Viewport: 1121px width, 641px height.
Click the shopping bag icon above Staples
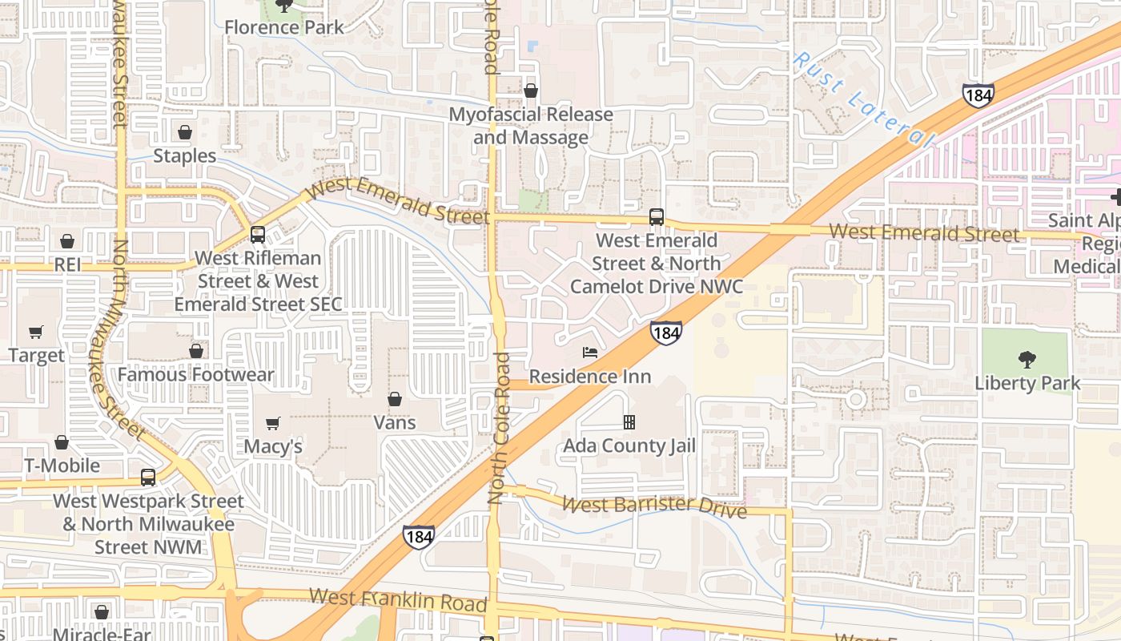tap(185, 132)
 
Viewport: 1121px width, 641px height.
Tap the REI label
tap(67, 264)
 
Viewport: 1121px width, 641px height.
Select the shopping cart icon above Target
tap(36, 332)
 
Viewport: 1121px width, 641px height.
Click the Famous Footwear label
tap(195, 375)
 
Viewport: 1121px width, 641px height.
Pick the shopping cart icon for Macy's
tap(273, 423)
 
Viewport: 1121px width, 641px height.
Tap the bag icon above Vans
tap(395, 399)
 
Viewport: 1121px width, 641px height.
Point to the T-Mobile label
tap(62, 466)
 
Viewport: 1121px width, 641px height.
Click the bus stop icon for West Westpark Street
tap(148, 478)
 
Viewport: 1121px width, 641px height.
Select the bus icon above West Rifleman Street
tap(258, 235)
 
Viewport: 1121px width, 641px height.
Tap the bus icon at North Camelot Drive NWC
tap(657, 217)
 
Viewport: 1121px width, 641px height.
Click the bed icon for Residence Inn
tap(590, 353)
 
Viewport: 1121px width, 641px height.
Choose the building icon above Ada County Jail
tap(629, 422)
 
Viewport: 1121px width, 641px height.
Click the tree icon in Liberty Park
tap(1027, 359)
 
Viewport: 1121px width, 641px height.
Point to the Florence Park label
tap(283, 27)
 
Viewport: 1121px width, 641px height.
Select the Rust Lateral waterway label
tap(863, 100)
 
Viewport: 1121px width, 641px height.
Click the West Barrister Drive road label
tap(654, 506)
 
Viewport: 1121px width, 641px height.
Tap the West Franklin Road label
tap(398, 599)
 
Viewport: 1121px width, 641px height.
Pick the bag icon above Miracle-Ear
tap(102, 613)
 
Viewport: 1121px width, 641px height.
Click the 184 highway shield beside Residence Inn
tap(666, 333)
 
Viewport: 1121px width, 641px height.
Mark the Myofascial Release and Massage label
tap(531, 126)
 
